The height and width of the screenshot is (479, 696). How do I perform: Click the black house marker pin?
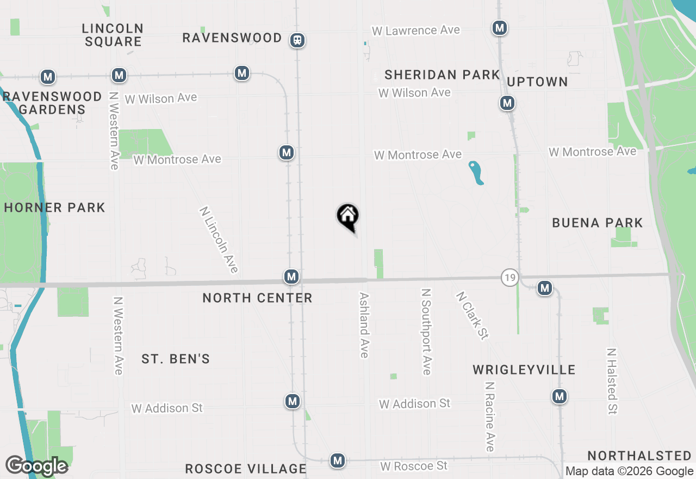click(347, 217)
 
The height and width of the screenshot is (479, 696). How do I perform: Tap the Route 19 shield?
click(509, 277)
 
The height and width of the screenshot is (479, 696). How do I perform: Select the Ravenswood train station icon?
click(297, 40)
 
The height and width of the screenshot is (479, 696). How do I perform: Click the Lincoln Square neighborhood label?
click(113, 34)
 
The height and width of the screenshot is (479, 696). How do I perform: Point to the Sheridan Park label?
click(442, 75)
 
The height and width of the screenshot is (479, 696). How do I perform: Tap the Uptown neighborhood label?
click(537, 82)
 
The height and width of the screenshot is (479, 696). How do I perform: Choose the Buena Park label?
click(597, 222)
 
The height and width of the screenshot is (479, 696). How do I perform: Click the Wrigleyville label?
click(524, 370)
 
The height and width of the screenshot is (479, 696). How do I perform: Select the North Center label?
click(257, 298)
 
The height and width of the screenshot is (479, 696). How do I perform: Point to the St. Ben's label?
click(176, 359)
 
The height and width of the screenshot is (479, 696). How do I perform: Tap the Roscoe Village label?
click(246, 469)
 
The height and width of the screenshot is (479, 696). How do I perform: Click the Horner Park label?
click(54, 207)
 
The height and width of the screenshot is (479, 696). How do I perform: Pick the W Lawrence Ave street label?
click(415, 30)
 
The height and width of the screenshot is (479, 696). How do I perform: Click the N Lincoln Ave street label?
click(219, 239)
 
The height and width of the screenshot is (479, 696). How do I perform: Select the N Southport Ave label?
click(426, 331)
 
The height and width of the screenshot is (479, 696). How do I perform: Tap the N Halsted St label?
click(612, 381)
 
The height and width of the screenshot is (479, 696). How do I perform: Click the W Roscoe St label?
click(414, 466)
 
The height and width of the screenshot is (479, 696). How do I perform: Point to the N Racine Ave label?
click(490, 416)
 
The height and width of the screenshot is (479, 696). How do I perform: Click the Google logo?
click(36, 466)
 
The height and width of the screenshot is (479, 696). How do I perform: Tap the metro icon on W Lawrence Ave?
click(499, 27)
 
